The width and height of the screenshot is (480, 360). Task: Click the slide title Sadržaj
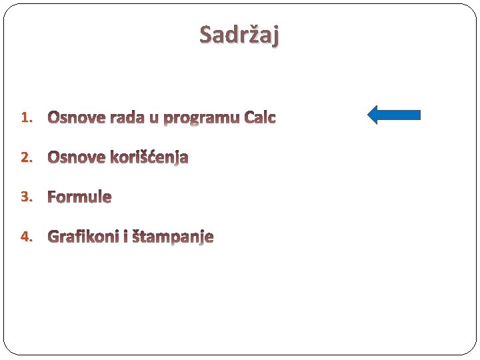[x=239, y=34]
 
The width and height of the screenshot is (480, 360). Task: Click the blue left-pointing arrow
[x=394, y=115]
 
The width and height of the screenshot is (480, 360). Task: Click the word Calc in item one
[x=260, y=118]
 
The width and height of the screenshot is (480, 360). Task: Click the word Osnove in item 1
[x=76, y=118]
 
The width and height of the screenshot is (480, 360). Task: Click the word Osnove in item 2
[x=76, y=157]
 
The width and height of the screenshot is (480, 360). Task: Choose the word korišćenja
[x=149, y=158]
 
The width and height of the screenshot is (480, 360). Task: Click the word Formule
[x=79, y=197]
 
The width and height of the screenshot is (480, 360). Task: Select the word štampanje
[x=172, y=237]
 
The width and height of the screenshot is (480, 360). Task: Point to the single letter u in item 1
[x=154, y=119]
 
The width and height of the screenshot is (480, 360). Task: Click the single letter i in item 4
[x=125, y=237]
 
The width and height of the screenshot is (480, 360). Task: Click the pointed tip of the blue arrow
[x=369, y=115]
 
